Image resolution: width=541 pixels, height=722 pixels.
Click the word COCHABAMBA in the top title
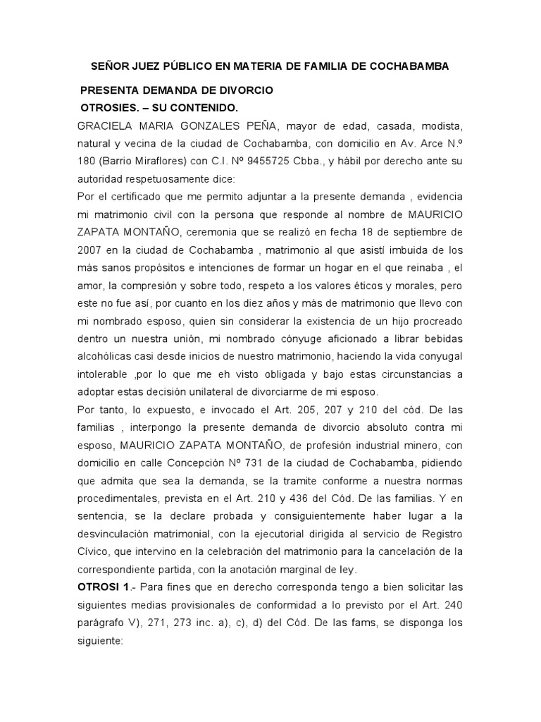pyautogui.click(x=407, y=66)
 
